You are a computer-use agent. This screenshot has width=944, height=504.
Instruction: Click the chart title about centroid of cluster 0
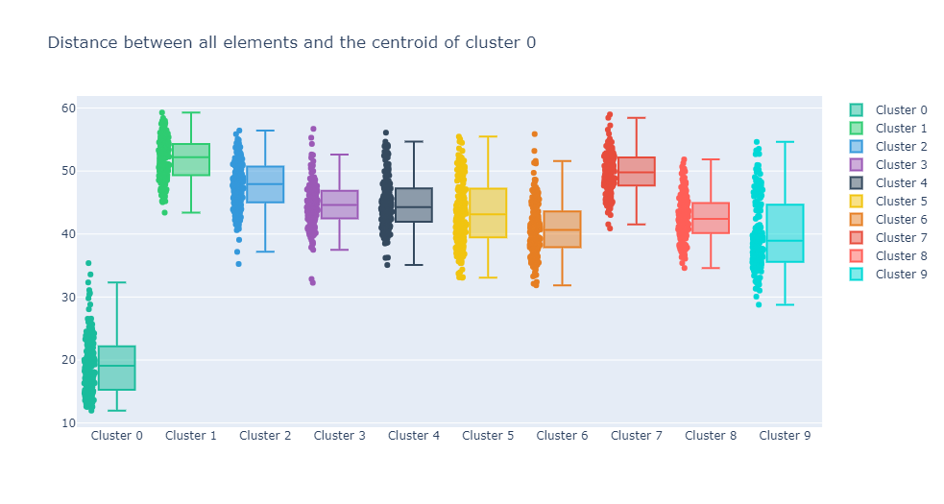coord(291,42)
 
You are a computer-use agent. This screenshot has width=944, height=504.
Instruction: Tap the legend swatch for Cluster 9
coord(856,275)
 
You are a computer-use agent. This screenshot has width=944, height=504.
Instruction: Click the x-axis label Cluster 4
coord(414,436)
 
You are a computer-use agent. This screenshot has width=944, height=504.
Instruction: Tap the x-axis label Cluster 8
coord(711,436)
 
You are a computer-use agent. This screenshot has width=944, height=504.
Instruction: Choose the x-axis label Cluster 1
coord(191,436)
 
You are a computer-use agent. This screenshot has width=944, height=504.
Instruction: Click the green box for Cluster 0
coord(117,369)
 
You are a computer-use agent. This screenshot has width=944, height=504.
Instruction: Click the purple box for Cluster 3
coord(339,204)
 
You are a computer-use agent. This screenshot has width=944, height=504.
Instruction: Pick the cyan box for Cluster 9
coord(785,233)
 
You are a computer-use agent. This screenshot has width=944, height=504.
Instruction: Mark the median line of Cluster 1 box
coord(191,157)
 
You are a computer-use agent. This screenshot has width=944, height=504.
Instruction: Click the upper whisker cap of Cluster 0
coord(117,282)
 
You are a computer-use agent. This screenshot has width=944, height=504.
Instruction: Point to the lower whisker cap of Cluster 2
coord(265,252)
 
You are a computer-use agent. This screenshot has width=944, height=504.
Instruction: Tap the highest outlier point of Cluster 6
coord(535,134)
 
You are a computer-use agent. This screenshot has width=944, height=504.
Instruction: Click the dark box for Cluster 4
coord(414,204)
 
